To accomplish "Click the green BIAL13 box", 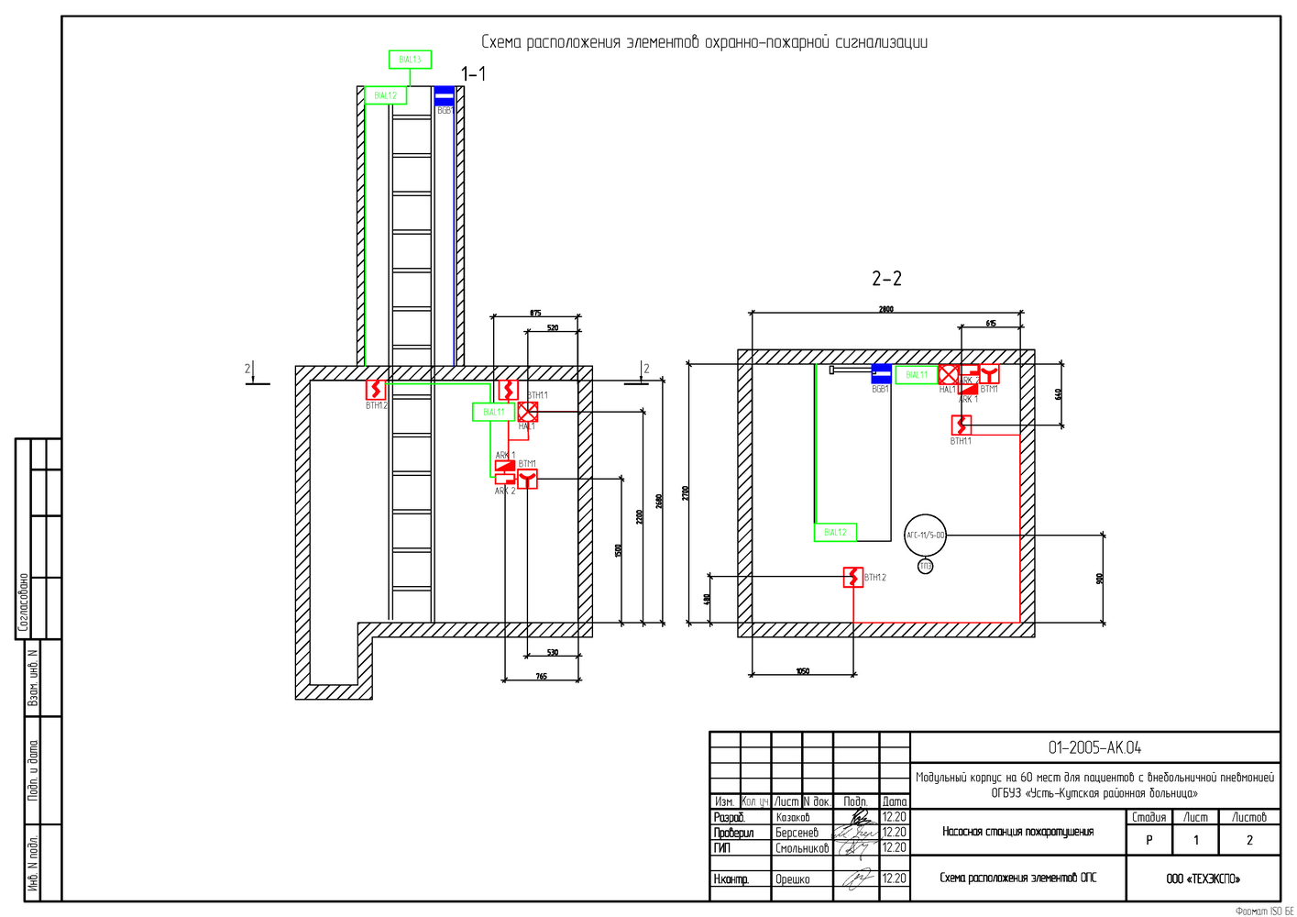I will coord(410,60).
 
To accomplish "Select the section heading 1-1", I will coord(473,74).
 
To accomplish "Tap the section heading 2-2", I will coord(886,278).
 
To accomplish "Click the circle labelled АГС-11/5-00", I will coord(925,535).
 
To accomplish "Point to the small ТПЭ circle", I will coord(926,567).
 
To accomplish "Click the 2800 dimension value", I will coord(885,310).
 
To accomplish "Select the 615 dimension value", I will coord(991,324).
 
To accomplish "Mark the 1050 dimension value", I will coord(802,671).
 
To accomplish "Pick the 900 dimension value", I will coord(1100,579).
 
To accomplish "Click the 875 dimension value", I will coord(535,314).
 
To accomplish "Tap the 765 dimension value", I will coord(541,677).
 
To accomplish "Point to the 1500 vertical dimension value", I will coord(619,550).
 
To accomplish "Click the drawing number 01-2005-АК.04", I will coord(1094,747).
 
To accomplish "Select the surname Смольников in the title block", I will coord(802,848).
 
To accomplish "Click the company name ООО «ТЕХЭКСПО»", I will coord(1203,878).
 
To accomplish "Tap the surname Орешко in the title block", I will coord(793,879).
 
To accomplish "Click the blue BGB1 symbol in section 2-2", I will coord(881,373).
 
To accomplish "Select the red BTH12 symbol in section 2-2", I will coord(853,578).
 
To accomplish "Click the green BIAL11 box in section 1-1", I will coord(494,413).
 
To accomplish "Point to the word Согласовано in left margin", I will coord(24,603).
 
